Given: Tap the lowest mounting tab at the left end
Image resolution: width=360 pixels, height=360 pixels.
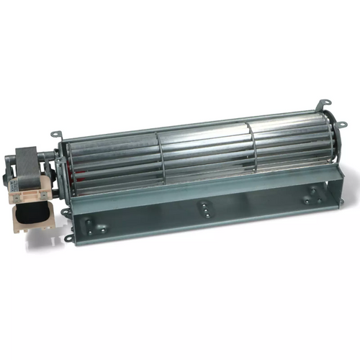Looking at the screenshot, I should [x=68, y=238].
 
